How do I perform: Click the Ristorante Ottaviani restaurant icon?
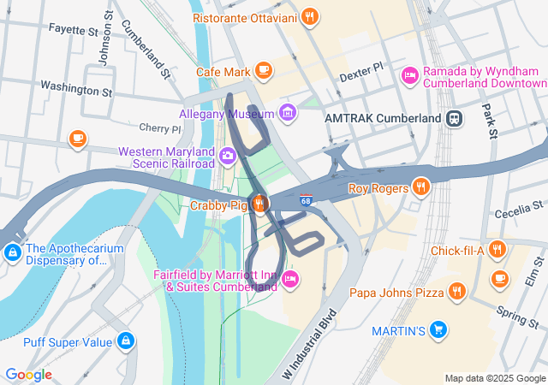[x=310, y=16]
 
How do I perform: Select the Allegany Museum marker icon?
[x=287, y=113]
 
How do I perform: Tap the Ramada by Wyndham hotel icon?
[x=410, y=77]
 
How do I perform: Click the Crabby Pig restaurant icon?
[x=259, y=204]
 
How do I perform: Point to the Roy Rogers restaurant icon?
[x=420, y=187]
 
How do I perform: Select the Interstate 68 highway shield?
[x=306, y=201]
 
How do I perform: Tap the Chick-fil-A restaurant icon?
[x=498, y=250]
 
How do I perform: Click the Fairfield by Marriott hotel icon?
[x=290, y=279]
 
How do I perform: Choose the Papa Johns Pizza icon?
[x=457, y=293]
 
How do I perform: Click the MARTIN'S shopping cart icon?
[x=438, y=329]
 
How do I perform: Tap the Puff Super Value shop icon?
[x=126, y=341]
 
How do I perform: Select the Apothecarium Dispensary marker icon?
[x=12, y=253]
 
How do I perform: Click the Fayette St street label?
[x=73, y=30]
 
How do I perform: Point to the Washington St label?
[x=76, y=87]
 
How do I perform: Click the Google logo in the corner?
[x=28, y=375]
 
